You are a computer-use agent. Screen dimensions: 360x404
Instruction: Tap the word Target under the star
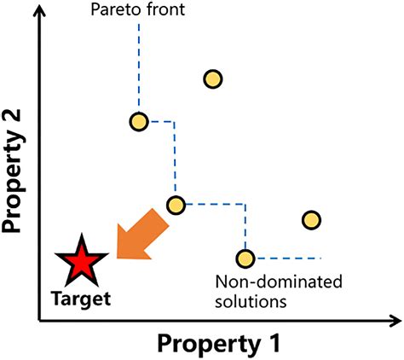click(81, 299)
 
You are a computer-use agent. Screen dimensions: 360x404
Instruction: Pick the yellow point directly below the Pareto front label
click(139, 122)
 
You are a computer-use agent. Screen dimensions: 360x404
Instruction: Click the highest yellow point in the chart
click(213, 79)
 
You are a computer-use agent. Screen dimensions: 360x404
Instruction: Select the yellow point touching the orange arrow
click(176, 205)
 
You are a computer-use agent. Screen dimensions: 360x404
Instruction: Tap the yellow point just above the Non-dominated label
click(245, 258)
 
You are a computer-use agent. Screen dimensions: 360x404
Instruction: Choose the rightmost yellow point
click(311, 220)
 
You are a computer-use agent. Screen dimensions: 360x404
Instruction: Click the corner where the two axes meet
click(39, 321)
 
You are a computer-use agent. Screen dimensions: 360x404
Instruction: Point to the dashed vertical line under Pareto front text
click(139, 68)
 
